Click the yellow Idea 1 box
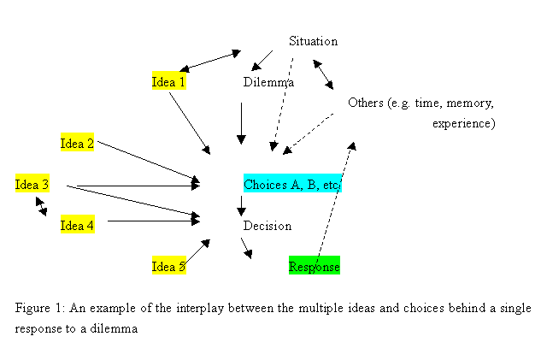(x=168, y=82)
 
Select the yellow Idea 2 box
(x=77, y=143)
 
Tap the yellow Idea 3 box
(x=32, y=183)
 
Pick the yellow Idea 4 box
(x=77, y=225)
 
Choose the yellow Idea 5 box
(x=168, y=266)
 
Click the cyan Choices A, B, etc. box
(x=292, y=184)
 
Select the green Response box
(x=314, y=266)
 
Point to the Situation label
(x=313, y=41)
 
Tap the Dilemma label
(x=268, y=83)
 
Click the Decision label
(x=267, y=226)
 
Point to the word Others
(x=365, y=103)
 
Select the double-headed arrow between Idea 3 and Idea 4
(x=41, y=205)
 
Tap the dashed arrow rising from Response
(x=335, y=201)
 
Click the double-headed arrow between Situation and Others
(x=323, y=74)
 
